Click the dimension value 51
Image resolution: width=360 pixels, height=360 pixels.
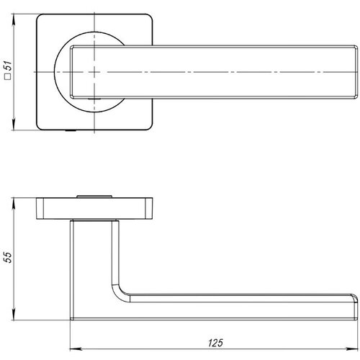coord(9,69)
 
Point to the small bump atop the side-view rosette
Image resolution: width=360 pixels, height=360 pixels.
coord(95,195)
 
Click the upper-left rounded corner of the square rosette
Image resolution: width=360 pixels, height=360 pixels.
coord(39,16)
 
